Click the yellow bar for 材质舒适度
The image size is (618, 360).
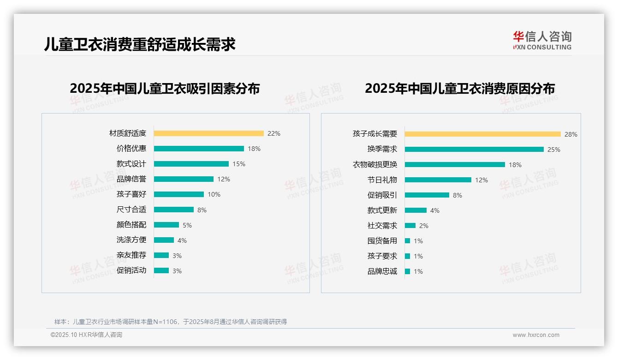coord(208,133)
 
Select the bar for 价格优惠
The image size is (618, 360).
coord(199,149)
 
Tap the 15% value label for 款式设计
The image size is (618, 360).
coord(239,164)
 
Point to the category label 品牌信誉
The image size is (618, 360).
coord(131,179)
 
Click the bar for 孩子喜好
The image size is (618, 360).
coord(178,194)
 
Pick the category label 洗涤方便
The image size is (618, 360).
coord(131,240)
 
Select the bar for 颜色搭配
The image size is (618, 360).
coord(166,225)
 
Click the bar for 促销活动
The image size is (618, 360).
coord(161,270)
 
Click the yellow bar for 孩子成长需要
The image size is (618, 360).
coord(482,134)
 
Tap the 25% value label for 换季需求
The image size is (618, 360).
coord(554,150)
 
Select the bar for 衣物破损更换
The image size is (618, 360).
coord(454,165)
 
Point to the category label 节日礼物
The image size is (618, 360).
coord(382,180)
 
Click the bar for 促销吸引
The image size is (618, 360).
coord(427,195)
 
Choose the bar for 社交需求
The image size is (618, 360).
coord(410,226)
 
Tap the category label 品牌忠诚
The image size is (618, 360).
coord(382,271)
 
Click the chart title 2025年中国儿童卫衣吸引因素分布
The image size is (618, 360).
coord(165,88)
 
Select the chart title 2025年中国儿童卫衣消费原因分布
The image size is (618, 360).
coord(460,88)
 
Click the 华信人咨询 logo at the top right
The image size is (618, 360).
coord(542,41)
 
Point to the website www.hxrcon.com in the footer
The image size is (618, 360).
coord(536,335)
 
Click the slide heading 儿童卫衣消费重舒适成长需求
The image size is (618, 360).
coord(140,44)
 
